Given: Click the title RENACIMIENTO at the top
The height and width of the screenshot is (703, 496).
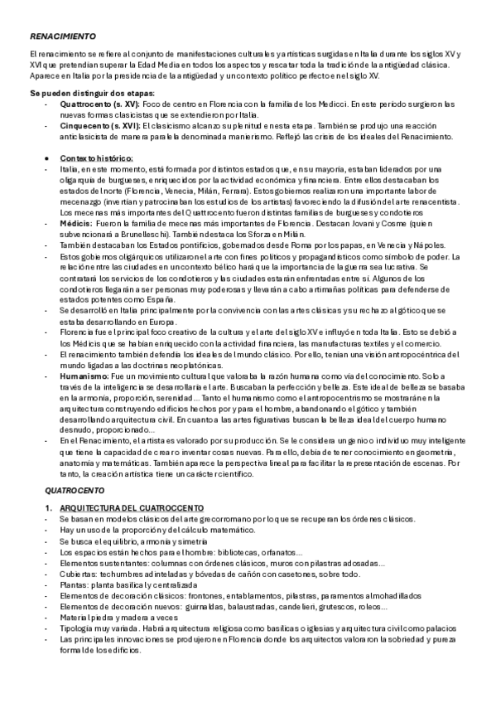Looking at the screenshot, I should click(63, 37).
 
